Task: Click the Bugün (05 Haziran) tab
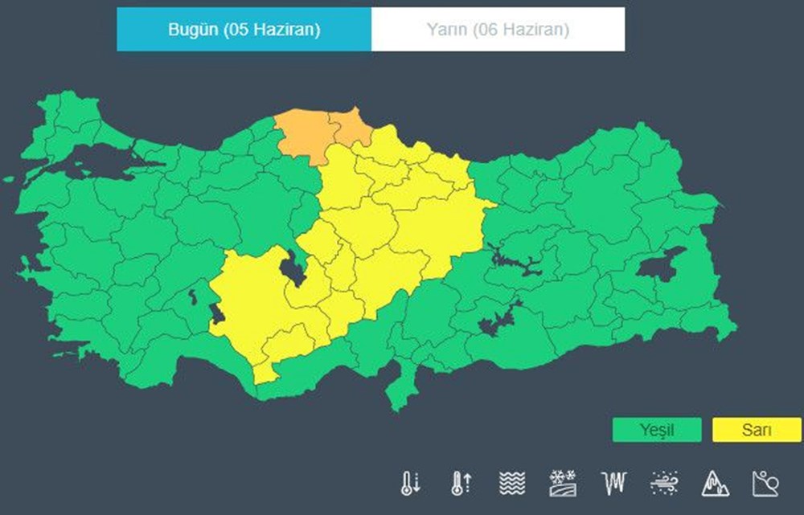[x=244, y=30]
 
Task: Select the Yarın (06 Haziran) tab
[x=498, y=30]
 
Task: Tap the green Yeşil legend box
[x=656, y=430]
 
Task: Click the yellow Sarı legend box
[x=757, y=430]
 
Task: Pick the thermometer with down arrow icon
[x=410, y=482]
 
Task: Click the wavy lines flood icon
[x=511, y=482]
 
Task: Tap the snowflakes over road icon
[x=562, y=482]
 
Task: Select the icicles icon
[x=613, y=482]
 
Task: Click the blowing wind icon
[x=663, y=482]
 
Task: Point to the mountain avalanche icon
[x=715, y=482]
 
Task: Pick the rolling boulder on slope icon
[x=765, y=482]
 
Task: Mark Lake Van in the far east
[x=662, y=264]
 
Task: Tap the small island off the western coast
[x=10, y=179]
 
